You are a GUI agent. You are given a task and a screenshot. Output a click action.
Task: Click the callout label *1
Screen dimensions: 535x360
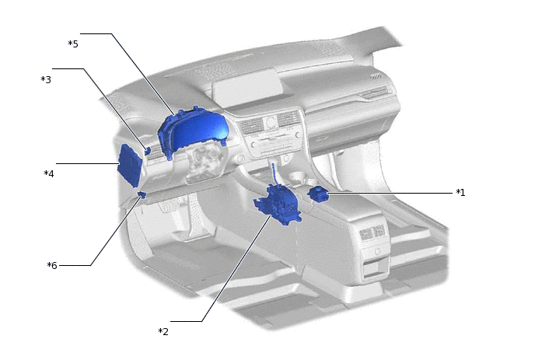click(x=460, y=193)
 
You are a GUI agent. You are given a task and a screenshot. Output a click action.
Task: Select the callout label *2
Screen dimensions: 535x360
click(x=163, y=331)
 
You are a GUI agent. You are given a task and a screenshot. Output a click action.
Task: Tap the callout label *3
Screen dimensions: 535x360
click(x=46, y=79)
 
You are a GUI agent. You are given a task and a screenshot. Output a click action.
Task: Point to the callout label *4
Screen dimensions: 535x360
click(x=49, y=173)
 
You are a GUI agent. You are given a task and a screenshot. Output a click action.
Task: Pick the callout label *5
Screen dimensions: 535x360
click(x=73, y=44)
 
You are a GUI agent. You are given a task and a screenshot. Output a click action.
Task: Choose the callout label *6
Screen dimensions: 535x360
click(x=52, y=265)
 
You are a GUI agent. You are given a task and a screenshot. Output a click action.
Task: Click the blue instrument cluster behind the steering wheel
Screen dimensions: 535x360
click(x=193, y=131)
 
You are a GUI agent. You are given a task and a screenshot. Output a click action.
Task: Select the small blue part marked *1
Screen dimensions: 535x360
click(x=317, y=194)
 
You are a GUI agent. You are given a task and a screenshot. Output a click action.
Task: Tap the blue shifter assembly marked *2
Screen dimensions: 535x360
click(x=278, y=204)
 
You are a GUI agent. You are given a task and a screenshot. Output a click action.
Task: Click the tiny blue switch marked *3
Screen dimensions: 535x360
click(x=148, y=151)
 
